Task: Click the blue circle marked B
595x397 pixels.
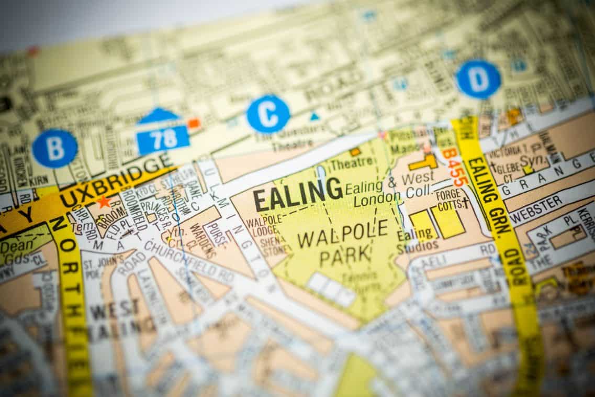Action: point(54,149)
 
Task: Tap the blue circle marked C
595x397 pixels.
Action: point(268,114)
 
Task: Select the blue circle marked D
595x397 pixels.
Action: point(478,80)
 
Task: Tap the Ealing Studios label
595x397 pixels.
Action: point(417,240)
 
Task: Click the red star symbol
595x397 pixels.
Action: point(103,202)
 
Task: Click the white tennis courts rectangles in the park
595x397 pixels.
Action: point(331,289)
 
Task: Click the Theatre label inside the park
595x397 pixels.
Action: point(351,163)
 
